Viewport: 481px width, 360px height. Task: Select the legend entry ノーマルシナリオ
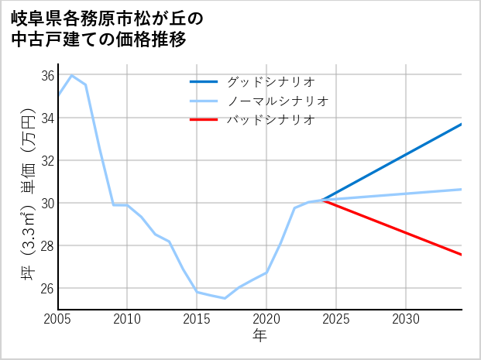(x=278, y=101)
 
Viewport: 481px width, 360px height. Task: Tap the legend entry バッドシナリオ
(x=270, y=120)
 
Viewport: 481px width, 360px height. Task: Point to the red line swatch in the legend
(x=204, y=120)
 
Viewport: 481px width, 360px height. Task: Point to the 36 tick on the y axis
(x=47, y=75)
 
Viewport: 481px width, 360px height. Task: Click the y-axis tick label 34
(x=47, y=118)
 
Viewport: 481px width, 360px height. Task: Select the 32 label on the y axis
(x=47, y=160)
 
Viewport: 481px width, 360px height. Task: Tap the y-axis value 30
(x=47, y=203)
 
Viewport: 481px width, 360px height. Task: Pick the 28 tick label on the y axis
(x=47, y=245)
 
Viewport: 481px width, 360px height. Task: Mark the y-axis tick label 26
(x=47, y=288)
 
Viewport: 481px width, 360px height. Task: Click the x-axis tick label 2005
(x=58, y=319)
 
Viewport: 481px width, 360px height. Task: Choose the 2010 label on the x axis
(x=128, y=319)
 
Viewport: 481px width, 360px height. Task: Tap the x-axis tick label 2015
(x=198, y=319)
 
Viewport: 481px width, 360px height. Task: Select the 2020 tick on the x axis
(x=266, y=319)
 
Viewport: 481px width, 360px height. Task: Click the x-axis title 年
(x=260, y=335)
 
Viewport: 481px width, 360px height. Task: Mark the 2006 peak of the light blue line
(x=72, y=75)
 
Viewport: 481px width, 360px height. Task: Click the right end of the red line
(x=462, y=255)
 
